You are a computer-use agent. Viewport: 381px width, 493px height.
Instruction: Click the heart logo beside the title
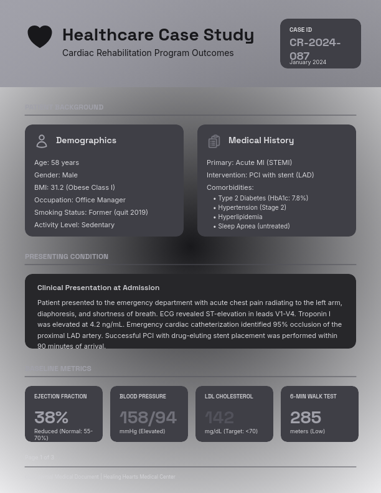pyautogui.click(x=40, y=37)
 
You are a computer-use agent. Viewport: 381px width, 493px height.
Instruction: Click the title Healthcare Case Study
pyautogui.click(x=158, y=35)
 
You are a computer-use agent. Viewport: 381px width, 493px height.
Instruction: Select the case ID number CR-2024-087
pyautogui.click(x=315, y=49)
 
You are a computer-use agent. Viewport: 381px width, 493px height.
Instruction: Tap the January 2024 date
pyautogui.click(x=308, y=62)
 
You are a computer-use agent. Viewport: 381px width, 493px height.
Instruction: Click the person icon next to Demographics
pyautogui.click(x=42, y=141)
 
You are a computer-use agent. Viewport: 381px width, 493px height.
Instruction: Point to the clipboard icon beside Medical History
pyautogui.click(x=214, y=141)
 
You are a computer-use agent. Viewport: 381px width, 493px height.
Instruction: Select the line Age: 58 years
pyautogui.click(x=57, y=162)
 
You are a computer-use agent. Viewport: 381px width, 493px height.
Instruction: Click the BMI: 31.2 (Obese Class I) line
pyautogui.click(x=75, y=187)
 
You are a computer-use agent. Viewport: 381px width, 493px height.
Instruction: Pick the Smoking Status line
pyautogui.click(x=91, y=212)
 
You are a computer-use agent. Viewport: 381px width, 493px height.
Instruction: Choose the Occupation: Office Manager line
pyautogui.click(x=80, y=200)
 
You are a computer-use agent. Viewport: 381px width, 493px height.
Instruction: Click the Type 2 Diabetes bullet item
pyautogui.click(x=263, y=198)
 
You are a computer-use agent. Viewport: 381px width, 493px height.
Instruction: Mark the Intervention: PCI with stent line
pyautogui.click(x=260, y=175)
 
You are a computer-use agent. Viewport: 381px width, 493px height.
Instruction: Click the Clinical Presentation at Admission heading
pyautogui.click(x=98, y=288)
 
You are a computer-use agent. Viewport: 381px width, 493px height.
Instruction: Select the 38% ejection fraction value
pyautogui.click(x=51, y=417)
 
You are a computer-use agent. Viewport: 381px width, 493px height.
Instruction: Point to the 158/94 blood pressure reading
pyautogui.click(x=148, y=417)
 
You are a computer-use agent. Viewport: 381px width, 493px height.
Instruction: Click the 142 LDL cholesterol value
pyautogui.click(x=219, y=417)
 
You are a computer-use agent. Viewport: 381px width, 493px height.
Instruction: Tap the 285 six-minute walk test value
pyautogui.click(x=306, y=417)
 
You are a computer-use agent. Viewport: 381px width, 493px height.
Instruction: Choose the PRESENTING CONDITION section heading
pyautogui.click(x=67, y=256)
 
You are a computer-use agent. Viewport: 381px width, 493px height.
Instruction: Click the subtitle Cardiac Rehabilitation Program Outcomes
pyautogui.click(x=148, y=53)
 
